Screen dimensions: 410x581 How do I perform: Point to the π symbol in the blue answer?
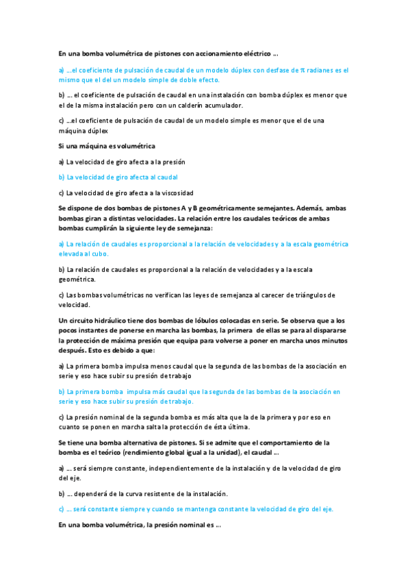tap(302, 70)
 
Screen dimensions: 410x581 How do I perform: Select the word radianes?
tap(322, 70)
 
